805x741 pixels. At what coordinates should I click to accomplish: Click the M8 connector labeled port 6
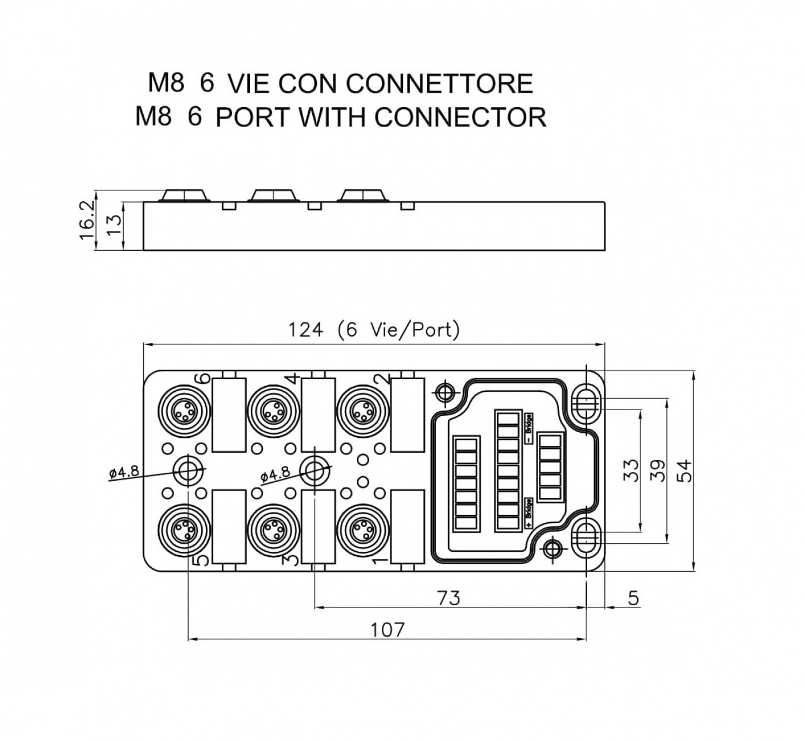click(x=185, y=411)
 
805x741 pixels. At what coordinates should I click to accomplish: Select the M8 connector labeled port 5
click(x=185, y=530)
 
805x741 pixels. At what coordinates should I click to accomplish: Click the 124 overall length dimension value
click(x=306, y=330)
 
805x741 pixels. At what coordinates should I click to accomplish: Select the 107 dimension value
click(x=387, y=630)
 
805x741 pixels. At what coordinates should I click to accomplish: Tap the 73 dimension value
click(x=448, y=598)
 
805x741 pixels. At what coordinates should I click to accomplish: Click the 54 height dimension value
click(x=684, y=471)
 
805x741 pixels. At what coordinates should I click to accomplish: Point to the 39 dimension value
click(x=657, y=471)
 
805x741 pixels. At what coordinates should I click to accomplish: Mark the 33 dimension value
click(x=630, y=471)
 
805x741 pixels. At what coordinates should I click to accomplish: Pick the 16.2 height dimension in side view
click(x=87, y=220)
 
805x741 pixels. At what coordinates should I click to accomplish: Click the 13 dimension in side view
click(x=114, y=226)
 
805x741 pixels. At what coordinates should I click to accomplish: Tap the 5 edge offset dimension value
click(x=633, y=598)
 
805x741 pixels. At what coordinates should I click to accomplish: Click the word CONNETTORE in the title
click(x=439, y=83)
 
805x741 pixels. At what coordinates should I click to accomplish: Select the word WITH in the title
click(x=332, y=117)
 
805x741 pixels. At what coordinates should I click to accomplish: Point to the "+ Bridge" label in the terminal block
click(x=529, y=513)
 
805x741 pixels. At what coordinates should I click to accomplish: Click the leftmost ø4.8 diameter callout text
click(x=124, y=472)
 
